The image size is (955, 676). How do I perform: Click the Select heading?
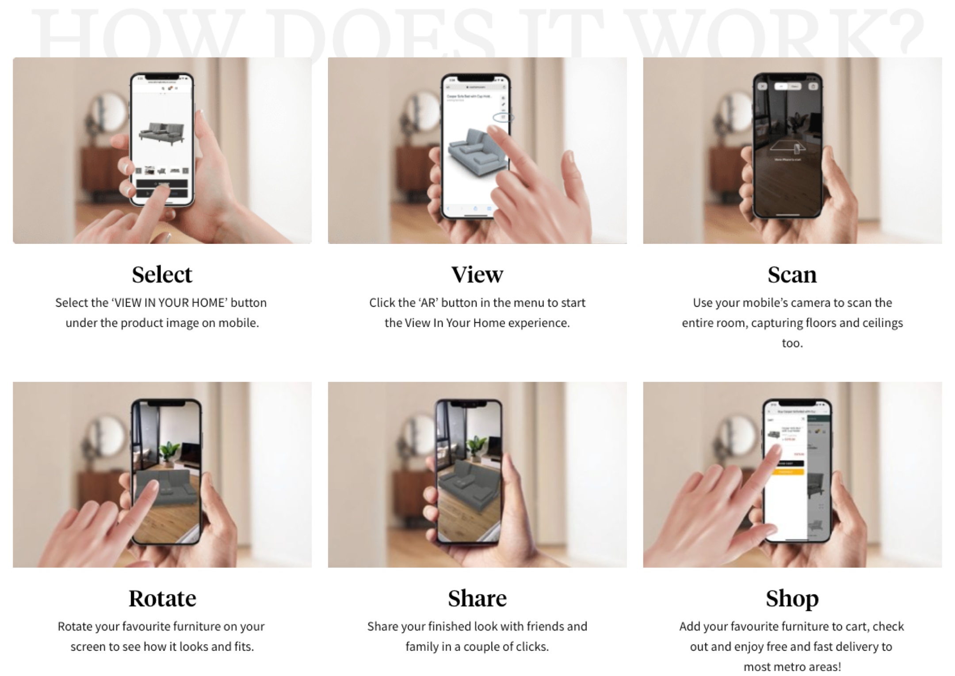point(162,274)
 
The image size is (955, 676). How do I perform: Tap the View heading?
point(477,274)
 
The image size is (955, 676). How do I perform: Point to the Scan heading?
point(792,274)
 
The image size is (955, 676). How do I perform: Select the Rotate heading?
point(162,598)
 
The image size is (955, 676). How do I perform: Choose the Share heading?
point(477,598)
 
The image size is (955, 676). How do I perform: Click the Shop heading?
point(792,598)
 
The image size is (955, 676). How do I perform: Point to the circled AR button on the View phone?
point(503,117)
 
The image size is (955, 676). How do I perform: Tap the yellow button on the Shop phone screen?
point(791,472)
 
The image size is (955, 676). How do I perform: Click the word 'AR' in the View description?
point(428,303)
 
